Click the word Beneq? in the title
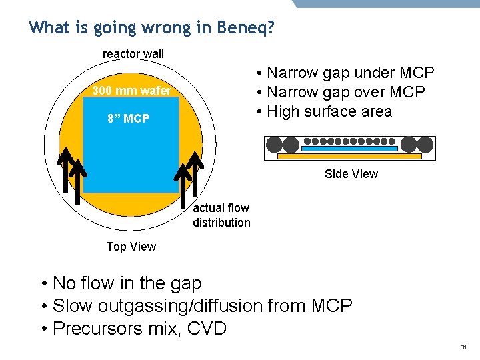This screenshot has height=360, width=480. [246, 28]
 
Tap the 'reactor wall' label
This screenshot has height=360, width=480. [133, 54]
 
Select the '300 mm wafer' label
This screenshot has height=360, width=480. [131, 91]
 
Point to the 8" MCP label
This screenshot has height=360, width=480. [129, 119]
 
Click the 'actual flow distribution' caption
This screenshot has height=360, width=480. [221, 215]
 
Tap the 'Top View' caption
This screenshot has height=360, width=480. [131, 247]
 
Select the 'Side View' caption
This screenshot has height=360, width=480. [351, 174]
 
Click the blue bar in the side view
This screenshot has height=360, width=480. [349, 148]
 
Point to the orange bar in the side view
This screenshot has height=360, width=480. [349, 157]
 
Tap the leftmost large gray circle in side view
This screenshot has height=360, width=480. [273, 144]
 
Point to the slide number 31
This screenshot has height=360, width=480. [464, 347]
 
